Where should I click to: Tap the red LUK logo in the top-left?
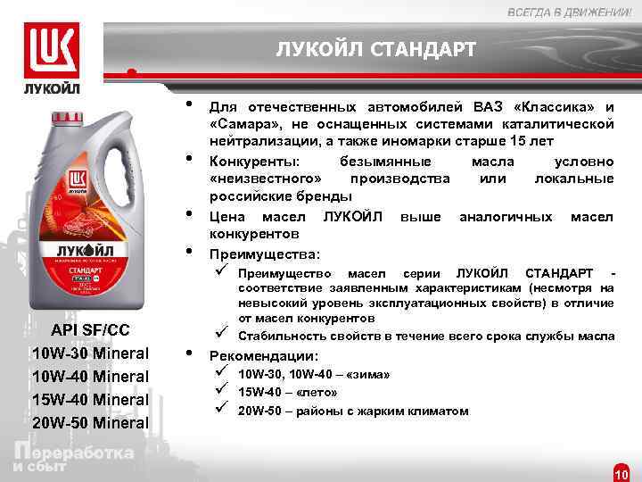pyautogui.click(x=52, y=49)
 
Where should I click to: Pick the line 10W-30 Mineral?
pyautogui.click(x=90, y=353)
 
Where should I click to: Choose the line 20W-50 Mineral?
pyautogui.click(x=90, y=422)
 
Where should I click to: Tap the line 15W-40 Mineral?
pyautogui.click(x=90, y=399)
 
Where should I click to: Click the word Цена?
pyautogui.click(x=229, y=217)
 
